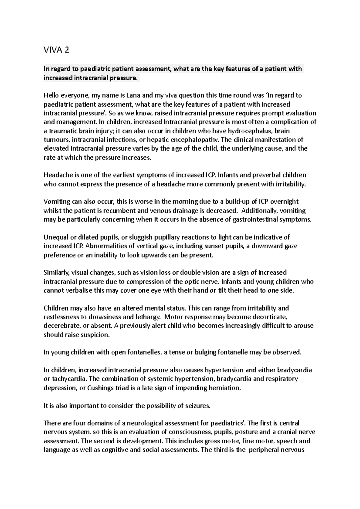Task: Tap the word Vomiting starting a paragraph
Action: [x=56, y=202]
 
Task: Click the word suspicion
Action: [x=96, y=335]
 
